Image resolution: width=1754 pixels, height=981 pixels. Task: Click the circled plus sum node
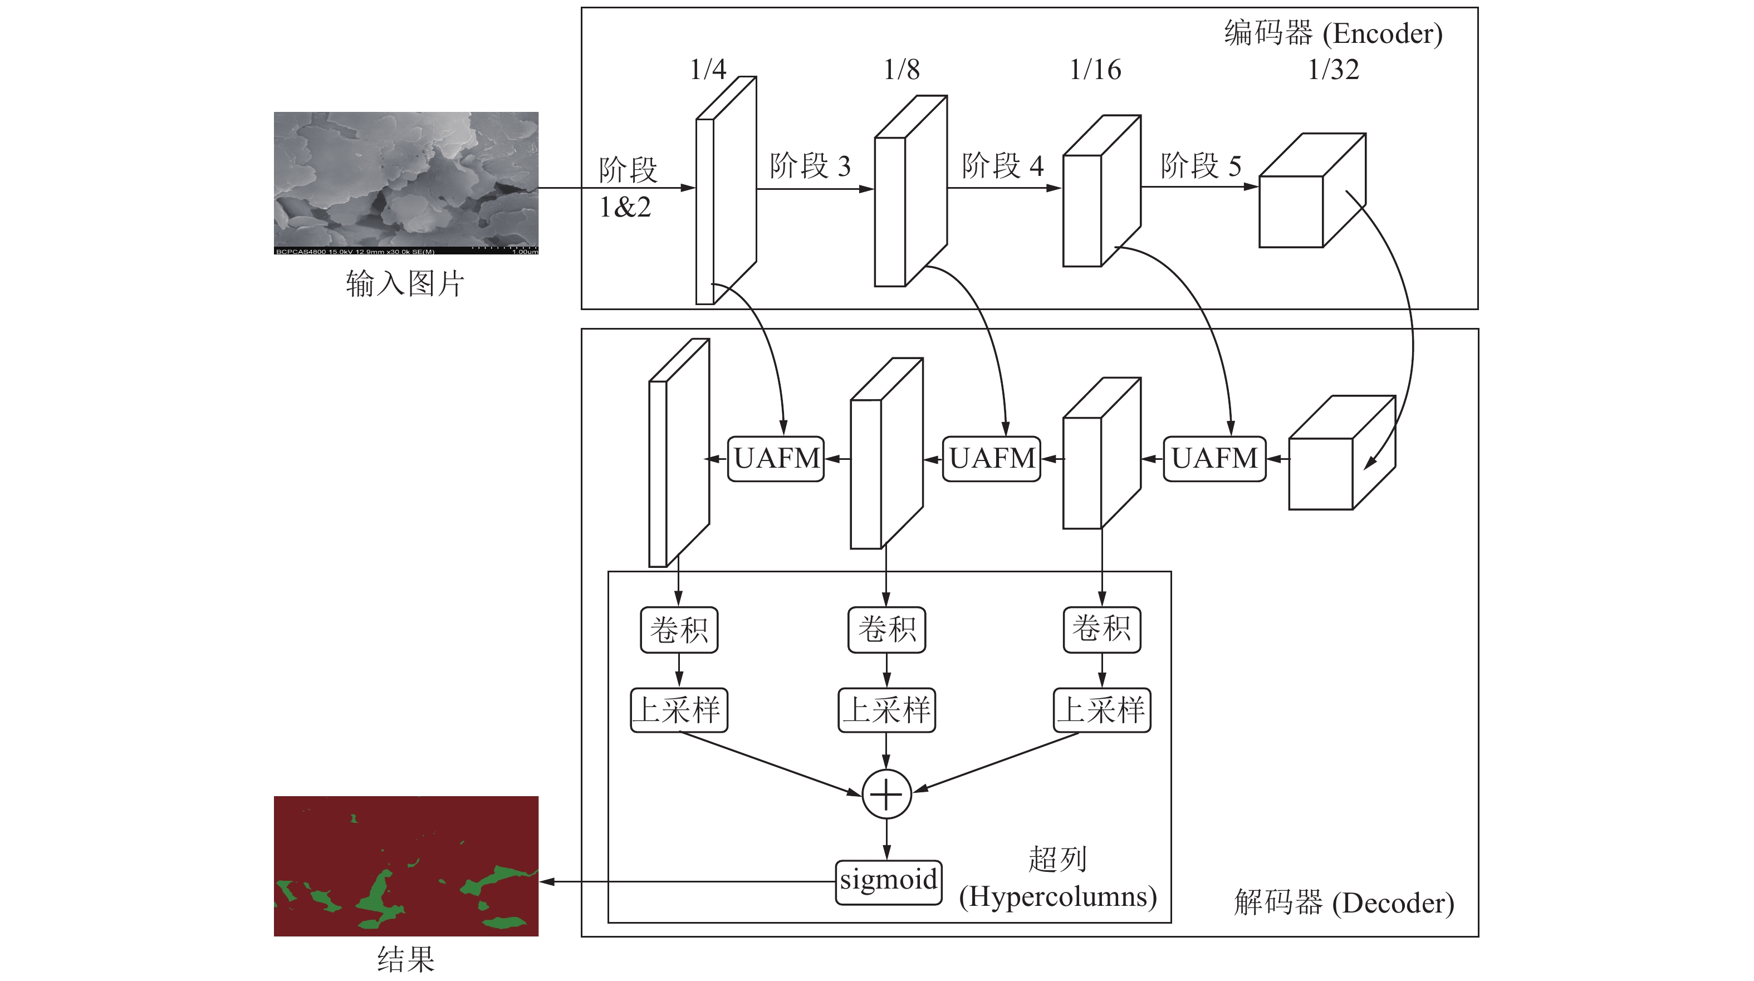(x=886, y=794)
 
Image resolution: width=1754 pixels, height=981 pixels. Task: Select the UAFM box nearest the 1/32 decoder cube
(x=1214, y=459)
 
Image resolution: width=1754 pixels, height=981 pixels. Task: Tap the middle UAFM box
(x=991, y=459)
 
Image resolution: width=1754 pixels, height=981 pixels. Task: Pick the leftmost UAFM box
(x=776, y=459)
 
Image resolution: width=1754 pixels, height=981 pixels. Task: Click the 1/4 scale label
(x=708, y=70)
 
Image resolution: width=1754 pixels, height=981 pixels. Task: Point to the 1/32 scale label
(x=1333, y=70)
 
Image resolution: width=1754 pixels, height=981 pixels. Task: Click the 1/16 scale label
(x=1095, y=70)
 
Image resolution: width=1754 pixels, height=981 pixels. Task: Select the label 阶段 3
(x=810, y=166)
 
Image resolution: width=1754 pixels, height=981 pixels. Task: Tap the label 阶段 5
(x=1201, y=166)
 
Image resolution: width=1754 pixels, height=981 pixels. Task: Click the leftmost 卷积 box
(x=679, y=630)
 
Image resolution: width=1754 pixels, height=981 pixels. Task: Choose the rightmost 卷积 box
(x=1102, y=630)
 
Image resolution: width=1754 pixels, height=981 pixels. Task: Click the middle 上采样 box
(x=886, y=710)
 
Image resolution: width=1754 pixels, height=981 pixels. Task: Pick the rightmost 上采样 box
(x=1102, y=710)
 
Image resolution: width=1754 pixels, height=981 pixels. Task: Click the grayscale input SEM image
(x=406, y=183)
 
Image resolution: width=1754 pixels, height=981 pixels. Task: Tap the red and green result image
(x=406, y=865)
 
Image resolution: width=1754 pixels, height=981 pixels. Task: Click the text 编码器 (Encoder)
(x=1332, y=33)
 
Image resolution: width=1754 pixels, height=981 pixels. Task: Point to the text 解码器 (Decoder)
(x=1344, y=902)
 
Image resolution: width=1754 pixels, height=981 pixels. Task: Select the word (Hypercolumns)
(x=1057, y=896)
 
